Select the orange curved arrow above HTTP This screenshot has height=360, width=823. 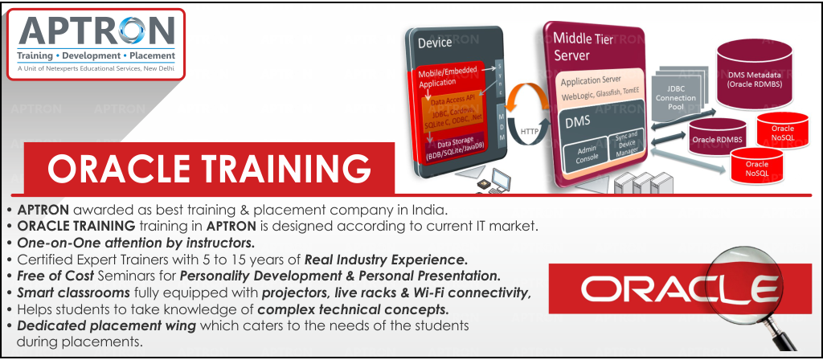pos(529,95)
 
